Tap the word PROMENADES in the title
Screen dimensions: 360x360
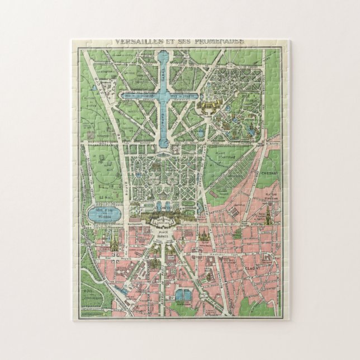coord(215,41)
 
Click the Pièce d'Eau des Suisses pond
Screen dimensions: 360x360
coord(105,213)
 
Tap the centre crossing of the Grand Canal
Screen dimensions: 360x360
coord(165,96)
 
